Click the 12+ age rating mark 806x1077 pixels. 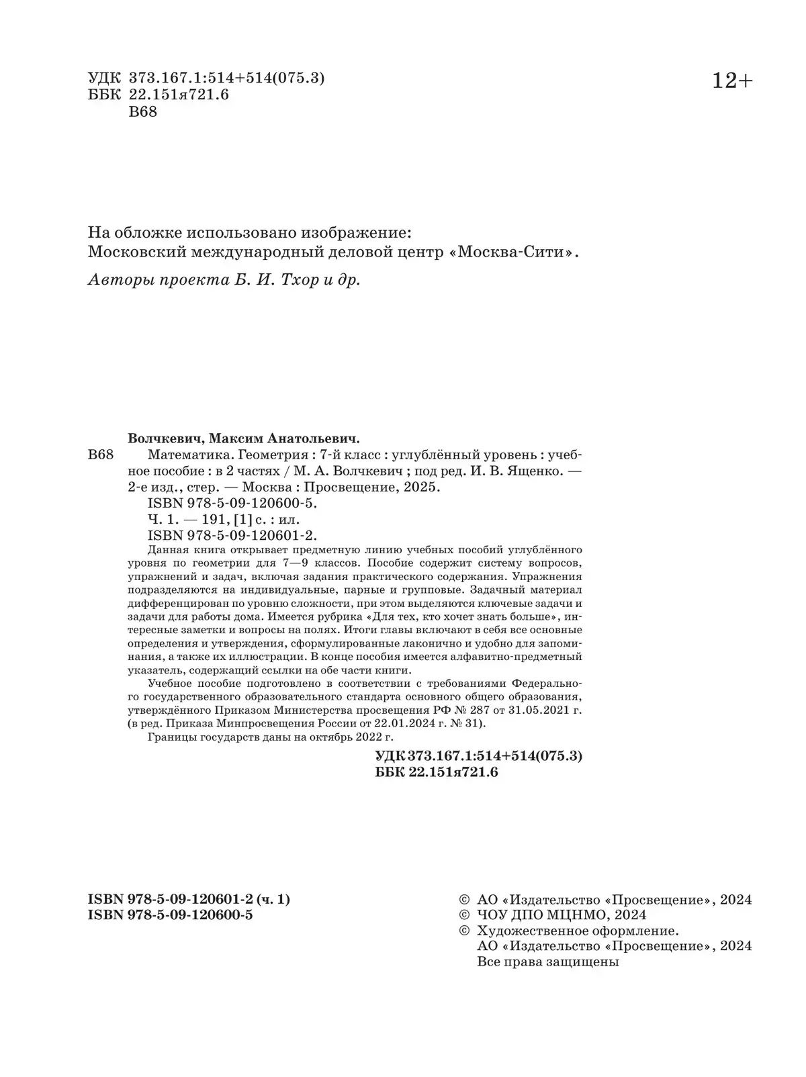(732, 81)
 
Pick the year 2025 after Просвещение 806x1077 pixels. (420, 487)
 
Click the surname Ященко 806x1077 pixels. (534, 471)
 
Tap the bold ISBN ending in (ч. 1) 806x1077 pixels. (189, 900)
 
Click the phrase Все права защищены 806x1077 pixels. (547, 962)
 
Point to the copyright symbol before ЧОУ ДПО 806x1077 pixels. (463, 915)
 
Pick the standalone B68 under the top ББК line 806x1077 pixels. (142, 112)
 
